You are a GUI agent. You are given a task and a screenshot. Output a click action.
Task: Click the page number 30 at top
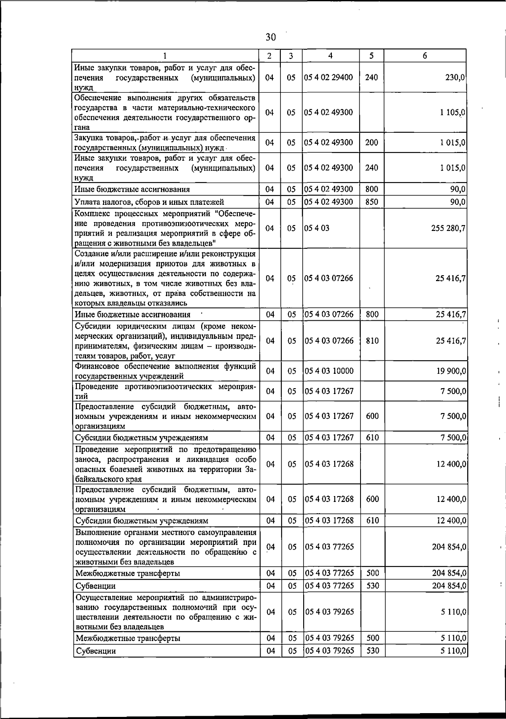(271, 37)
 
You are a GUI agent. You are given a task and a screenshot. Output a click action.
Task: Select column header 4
(330, 56)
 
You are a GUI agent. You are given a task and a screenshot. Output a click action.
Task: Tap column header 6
(425, 56)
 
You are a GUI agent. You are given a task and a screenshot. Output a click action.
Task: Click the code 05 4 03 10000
(329, 371)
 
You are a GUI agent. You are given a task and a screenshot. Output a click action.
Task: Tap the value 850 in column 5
(371, 202)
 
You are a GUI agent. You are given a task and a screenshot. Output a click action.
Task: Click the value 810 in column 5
(372, 341)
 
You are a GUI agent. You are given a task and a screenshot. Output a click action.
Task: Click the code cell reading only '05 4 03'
(317, 228)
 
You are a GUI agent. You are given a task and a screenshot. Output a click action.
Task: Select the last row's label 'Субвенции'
(95, 663)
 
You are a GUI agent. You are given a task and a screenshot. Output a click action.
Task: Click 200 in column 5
(371, 142)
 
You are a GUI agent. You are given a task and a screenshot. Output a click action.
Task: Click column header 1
(165, 56)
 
